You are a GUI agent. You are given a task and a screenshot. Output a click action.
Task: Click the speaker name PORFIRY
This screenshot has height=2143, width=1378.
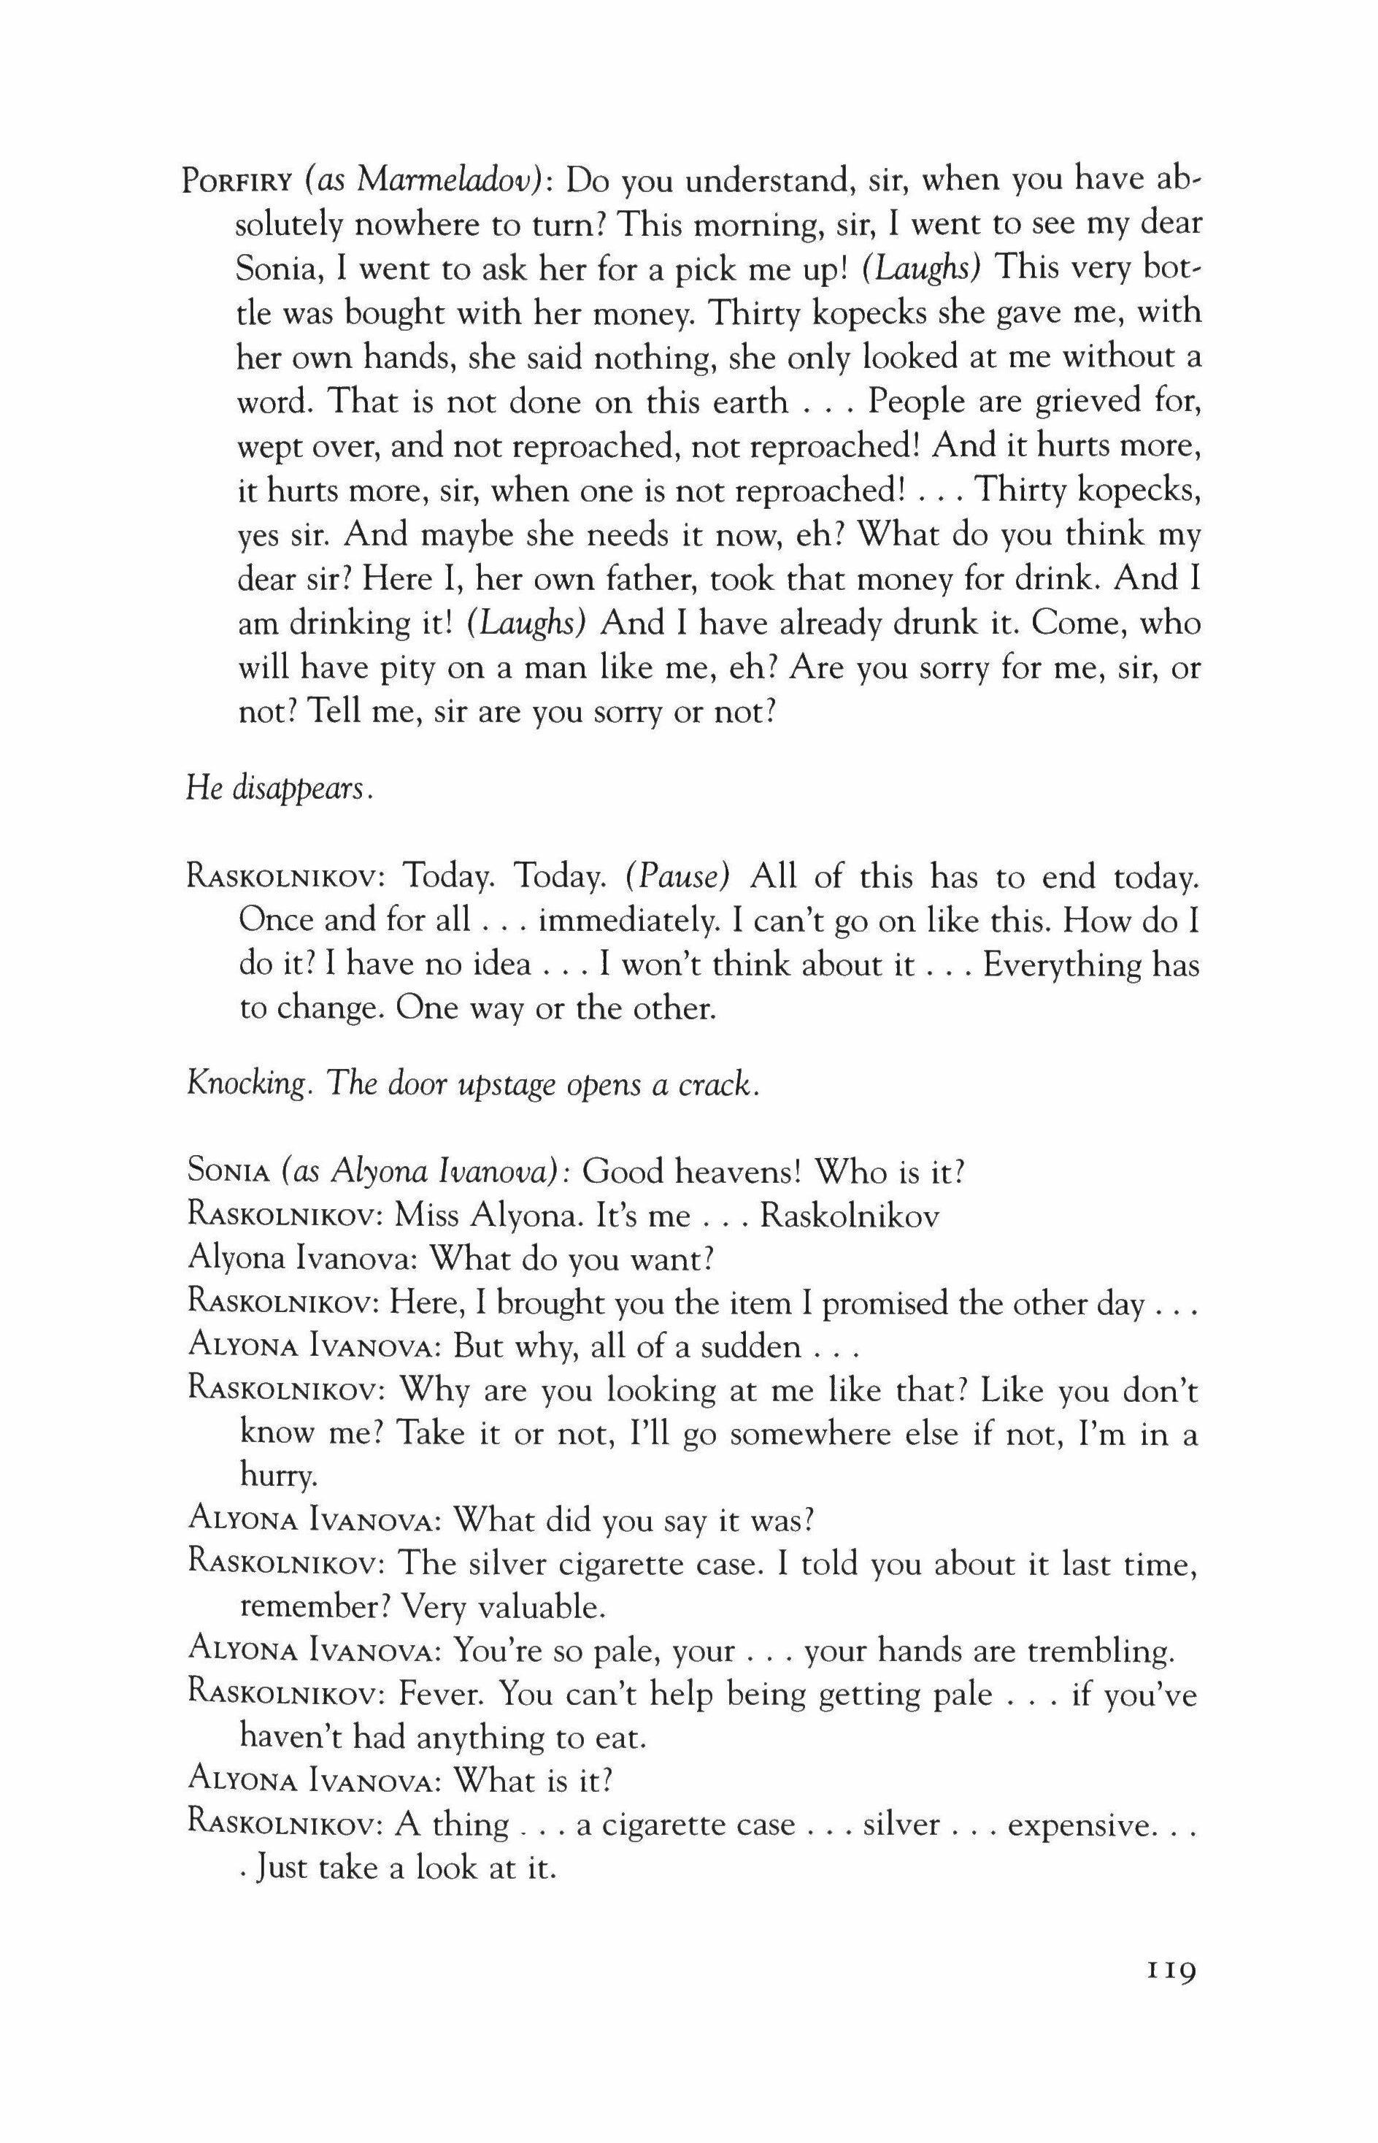pos(237,182)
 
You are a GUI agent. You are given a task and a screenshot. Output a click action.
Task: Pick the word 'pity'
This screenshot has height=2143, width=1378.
pos(420,668)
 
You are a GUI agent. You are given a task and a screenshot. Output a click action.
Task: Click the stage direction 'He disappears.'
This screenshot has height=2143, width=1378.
pos(278,789)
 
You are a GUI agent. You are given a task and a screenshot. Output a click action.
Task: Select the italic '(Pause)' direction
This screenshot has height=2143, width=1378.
pos(677,876)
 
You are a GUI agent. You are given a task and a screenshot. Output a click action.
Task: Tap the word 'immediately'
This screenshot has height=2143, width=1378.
pos(627,921)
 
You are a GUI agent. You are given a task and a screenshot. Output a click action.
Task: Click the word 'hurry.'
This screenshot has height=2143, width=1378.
pos(277,1478)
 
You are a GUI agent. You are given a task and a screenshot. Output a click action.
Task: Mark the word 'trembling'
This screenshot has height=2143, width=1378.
pos(1100,1652)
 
